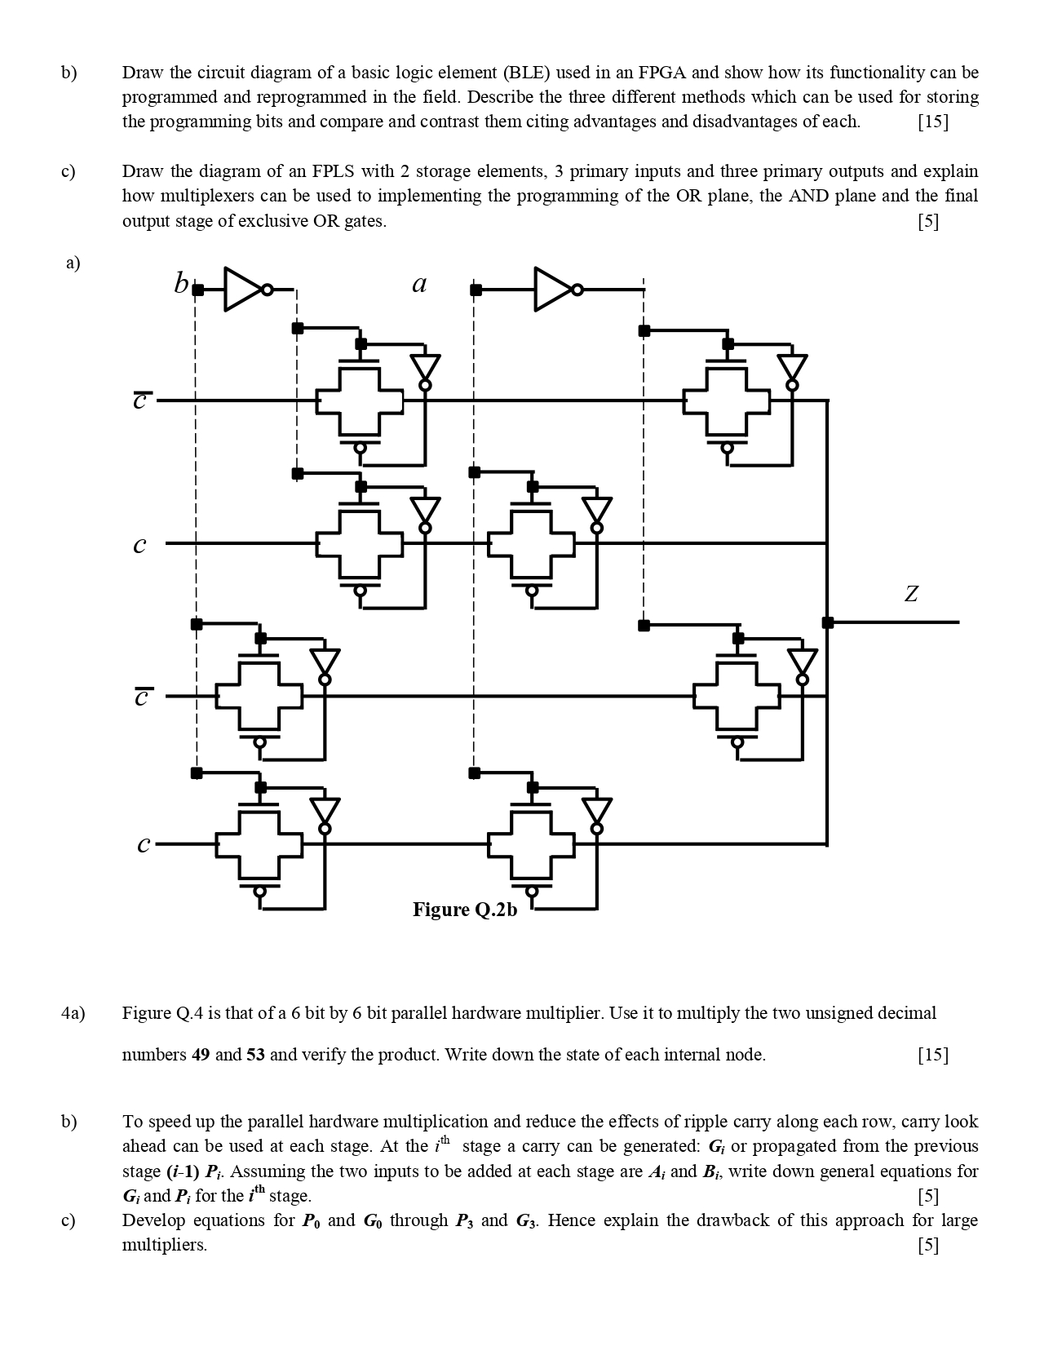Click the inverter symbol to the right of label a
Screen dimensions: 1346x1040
555,289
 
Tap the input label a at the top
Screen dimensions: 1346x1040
419,284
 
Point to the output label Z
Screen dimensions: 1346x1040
911,594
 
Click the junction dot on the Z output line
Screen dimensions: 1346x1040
828,622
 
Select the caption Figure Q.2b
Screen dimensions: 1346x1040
464,910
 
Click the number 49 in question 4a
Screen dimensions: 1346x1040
200,1055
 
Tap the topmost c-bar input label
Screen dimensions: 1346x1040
141,401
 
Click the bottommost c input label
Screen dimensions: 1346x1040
144,845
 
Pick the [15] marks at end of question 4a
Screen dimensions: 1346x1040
932,1055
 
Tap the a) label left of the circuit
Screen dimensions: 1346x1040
73,263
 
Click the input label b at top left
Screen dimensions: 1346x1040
180,284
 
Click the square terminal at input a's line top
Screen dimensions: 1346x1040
476,290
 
